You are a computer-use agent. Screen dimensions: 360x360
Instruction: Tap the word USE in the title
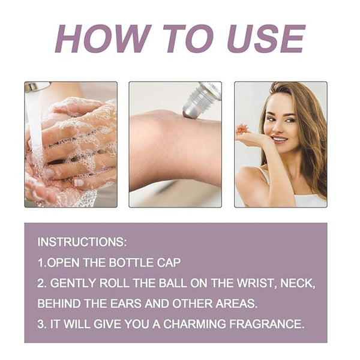click(266, 38)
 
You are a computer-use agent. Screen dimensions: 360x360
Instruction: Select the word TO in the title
click(188, 38)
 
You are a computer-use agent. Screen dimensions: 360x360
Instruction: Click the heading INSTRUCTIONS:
click(82, 242)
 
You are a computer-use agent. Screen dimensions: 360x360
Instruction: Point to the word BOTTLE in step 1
click(131, 263)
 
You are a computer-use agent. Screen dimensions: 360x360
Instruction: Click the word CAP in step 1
click(169, 263)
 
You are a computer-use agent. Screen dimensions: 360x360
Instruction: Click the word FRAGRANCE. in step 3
click(266, 324)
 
